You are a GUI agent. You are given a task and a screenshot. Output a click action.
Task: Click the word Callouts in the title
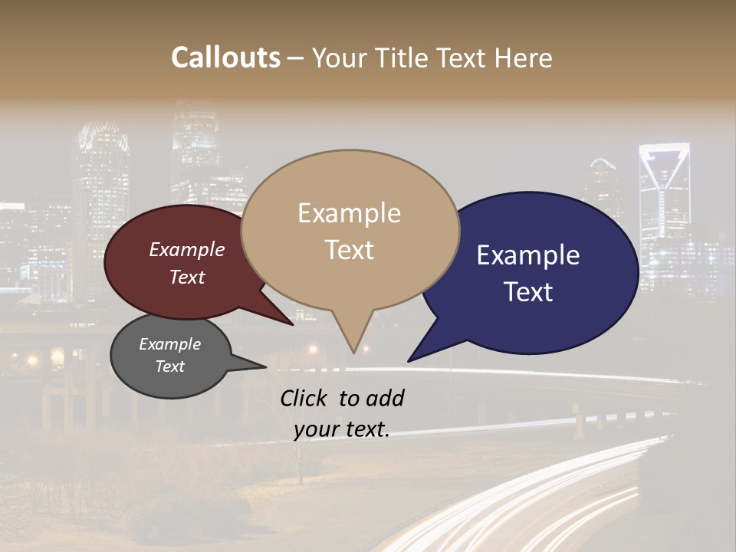[x=225, y=58]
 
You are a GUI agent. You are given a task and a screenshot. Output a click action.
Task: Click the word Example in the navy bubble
[x=528, y=255]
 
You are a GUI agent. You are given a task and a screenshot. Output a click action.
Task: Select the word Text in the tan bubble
[x=350, y=250]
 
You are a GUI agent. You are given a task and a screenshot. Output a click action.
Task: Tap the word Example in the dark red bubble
[x=187, y=249]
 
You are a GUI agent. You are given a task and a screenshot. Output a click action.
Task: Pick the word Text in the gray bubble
[x=170, y=366]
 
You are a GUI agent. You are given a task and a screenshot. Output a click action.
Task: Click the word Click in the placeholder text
[x=306, y=398]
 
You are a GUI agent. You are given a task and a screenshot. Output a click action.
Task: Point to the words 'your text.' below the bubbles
[x=342, y=429]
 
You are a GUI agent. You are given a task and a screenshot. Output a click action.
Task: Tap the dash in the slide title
[x=297, y=58]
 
